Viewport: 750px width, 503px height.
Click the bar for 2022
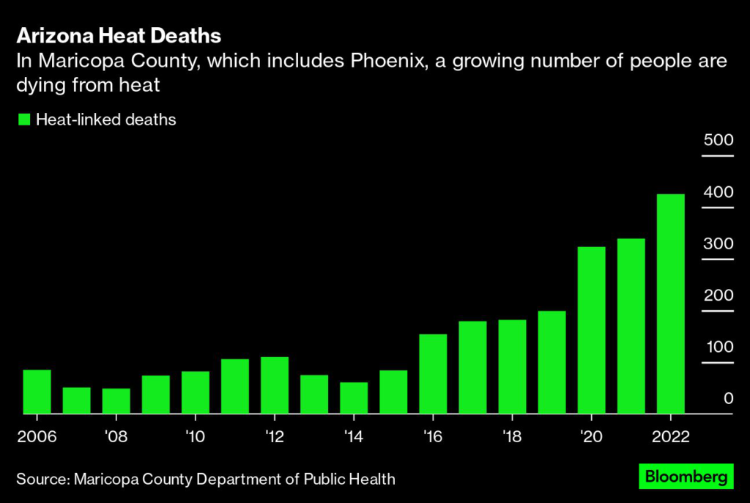click(x=671, y=304)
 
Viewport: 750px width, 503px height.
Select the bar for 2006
click(x=37, y=392)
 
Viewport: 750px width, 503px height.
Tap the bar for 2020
click(x=592, y=330)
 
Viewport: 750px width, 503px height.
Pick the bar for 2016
click(x=434, y=374)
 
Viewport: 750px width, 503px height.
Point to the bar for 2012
click(x=275, y=385)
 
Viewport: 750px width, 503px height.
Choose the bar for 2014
click(x=354, y=398)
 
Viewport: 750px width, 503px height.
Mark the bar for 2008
click(x=116, y=401)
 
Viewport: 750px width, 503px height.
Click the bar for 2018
click(x=513, y=367)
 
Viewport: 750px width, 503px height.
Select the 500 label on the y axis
click(x=718, y=140)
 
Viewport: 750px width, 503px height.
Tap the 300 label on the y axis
click(x=718, y=243)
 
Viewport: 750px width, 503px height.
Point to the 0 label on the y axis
click(x=729, y=398)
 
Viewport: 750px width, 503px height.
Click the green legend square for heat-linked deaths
click(x=24, y=120)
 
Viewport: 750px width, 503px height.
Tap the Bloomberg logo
click(x=686, y=477)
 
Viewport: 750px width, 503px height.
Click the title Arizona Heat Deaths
click(x=119, y=36)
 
